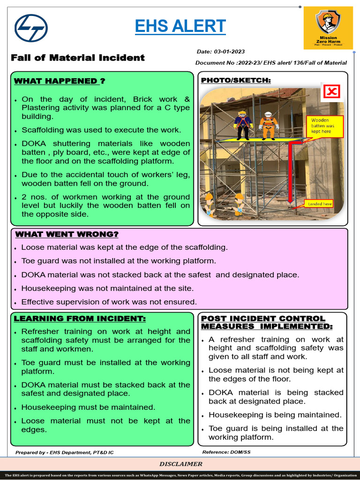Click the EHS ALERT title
[180, 26]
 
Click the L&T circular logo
[31, 28]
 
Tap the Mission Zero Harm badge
[328, 28]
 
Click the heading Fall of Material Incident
[78, 58]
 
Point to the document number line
[271, 62]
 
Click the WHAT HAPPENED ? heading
[60, 81]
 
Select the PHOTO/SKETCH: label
[236, 80]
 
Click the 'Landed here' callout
[320, 203]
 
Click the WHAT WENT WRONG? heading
[67, 234]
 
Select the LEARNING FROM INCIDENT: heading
[80, 319]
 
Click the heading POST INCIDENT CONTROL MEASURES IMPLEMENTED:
[267, 322]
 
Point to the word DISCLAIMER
[181, 464]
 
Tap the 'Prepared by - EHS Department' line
[64, 452]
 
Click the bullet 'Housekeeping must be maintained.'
[88, 407]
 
